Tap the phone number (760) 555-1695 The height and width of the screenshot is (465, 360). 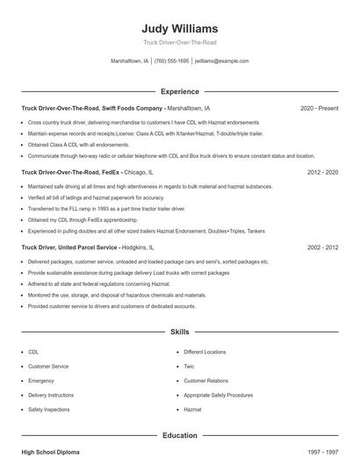coord(171,61)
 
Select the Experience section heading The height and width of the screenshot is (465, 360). coord(179,91)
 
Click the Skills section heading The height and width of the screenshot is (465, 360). coord(179,333)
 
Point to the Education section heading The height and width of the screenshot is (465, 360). coord(179,435)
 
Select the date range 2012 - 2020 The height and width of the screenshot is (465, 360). coord(323,173)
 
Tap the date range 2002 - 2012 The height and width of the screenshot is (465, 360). coord(323,247)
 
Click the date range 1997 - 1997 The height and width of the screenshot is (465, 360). coord(323,451)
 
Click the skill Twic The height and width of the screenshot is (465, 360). coord(189,366)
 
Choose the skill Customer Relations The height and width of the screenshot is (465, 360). coord(205,381)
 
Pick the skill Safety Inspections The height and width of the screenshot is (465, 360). coord(48,410)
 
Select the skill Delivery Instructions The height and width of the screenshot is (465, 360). coord(51,395)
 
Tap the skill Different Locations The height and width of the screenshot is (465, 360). coord(205,352)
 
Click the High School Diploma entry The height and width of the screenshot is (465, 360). coord(50,451)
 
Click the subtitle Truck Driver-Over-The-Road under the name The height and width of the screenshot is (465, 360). coord(179,42)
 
